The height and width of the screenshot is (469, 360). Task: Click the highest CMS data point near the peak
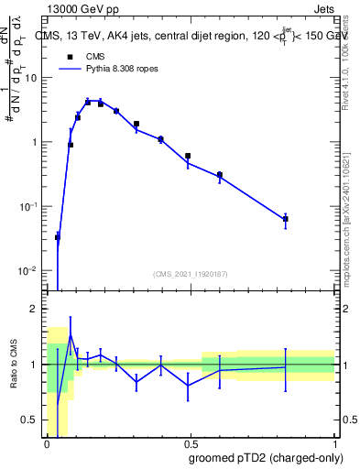pos(88,102)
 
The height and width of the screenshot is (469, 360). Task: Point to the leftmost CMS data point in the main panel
pos(58,237)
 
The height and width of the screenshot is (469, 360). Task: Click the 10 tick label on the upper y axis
pos(32,78)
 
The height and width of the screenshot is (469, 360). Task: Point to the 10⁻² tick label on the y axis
pos(29,271)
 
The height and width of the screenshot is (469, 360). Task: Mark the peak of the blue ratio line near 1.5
pos(71,336)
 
